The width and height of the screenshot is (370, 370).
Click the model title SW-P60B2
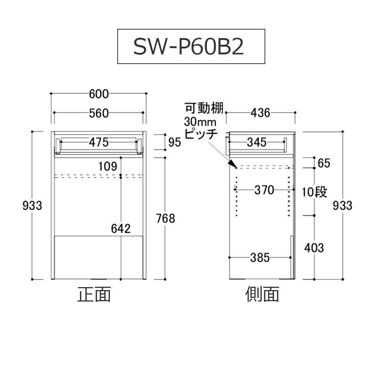click(x=189, y=47)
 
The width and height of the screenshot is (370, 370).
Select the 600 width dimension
click(x=99, y=94)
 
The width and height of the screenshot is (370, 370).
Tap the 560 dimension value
click(x=99, y=113)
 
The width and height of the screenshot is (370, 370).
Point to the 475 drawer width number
click(x=99, y=142)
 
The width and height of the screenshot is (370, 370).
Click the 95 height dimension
click(x=175, y=142)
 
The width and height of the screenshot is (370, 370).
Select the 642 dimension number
click(x=121, y=229)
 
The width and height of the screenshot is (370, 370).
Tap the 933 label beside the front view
click(x=33, y=205)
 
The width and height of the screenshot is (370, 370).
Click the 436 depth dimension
click(x=261, y=112)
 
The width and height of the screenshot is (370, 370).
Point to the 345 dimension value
click(x=256, y=142)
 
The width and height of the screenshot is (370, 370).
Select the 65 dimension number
click(x=324, y=163)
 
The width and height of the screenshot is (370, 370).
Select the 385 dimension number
click(x=260, y=258)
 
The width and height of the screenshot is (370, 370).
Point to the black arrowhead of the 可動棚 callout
click(x=232, y=164)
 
